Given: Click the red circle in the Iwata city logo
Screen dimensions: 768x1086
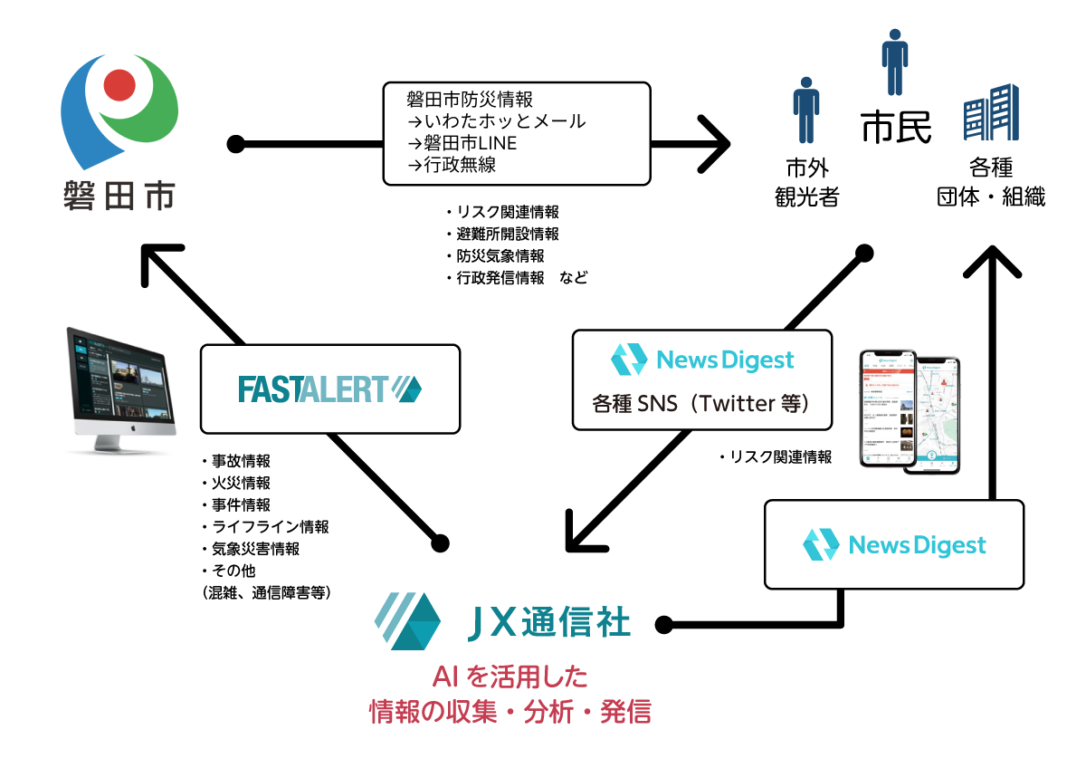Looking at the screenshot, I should [x=119, y=85].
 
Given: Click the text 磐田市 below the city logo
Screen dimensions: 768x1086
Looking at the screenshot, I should [x=119, y=196].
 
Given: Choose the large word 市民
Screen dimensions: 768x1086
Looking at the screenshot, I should [x=896, y=128].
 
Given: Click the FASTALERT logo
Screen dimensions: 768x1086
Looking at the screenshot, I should [x=329, y=389].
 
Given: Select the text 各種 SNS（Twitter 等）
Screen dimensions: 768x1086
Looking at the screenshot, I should [x=701, y=403].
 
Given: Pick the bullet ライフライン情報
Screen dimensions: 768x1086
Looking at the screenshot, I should [x=264, y=526].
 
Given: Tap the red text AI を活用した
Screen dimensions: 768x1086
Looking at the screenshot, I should [x=510, y=677].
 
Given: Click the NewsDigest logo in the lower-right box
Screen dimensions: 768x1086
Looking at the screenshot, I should [x=894, y=545].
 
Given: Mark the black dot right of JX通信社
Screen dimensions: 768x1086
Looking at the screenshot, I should [x=663, y=624].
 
